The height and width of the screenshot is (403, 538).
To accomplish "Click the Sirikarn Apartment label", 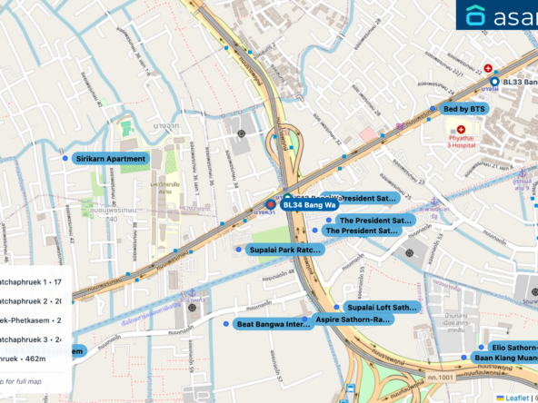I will [x=111, y=159].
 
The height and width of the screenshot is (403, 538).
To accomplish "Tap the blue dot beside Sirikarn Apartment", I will [x=65, y=159].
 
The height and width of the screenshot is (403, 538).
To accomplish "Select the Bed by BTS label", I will [x=463, y=109].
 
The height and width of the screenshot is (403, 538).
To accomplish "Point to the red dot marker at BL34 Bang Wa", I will [x=270, y=205].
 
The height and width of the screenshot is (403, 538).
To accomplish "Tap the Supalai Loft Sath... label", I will [x=381, y=308].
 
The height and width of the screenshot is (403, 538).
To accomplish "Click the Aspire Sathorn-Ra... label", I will [x=352, y=319].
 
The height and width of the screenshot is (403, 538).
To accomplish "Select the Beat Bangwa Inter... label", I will [x=274, y=324].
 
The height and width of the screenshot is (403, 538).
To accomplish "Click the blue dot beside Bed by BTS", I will [x=433, y=109].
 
